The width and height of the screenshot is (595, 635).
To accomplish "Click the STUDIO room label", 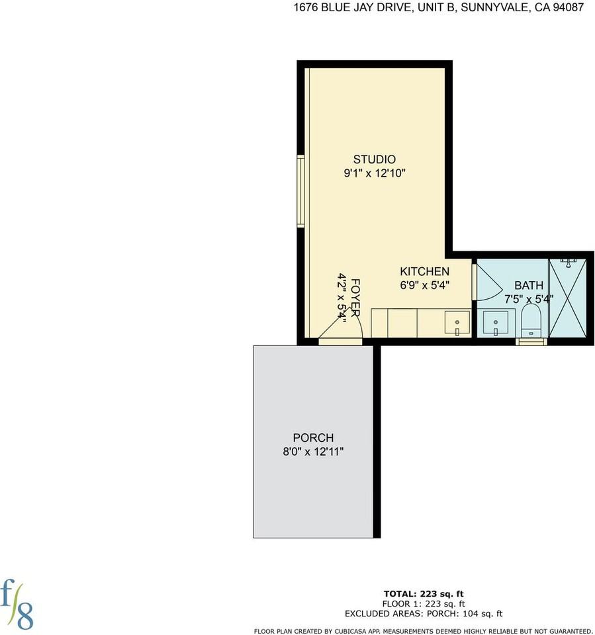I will [374, 159].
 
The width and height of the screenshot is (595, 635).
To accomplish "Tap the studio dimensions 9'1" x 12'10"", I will [374, 174].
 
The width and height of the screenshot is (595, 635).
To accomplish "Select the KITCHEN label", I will [424, 272].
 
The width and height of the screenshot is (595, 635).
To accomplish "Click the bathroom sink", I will [496, 324].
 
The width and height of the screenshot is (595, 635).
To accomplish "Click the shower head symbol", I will [568, 263].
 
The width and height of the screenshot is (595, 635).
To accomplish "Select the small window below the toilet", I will [532, 342].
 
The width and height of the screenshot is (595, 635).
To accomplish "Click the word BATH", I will [529, 285].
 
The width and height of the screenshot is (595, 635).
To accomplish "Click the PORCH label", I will [313, 438].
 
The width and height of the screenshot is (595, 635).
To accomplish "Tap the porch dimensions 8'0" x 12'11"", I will [313, 452].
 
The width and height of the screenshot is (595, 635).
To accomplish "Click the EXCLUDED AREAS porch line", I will [424, 613].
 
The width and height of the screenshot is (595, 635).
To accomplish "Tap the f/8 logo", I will [19, 603].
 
